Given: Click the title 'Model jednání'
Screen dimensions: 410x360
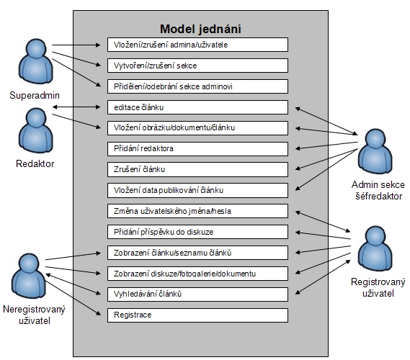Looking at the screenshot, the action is click(200, 29).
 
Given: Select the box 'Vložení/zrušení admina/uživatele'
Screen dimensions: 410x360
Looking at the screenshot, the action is click(197, 45).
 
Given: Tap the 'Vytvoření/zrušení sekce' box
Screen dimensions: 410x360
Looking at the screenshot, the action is click(197, 66).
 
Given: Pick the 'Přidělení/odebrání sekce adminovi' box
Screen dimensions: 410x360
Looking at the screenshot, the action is click(197, 86).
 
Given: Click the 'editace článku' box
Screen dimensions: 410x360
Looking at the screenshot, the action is click(197, 107).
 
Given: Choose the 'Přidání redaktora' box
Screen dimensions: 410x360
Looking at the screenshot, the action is click(197, 149).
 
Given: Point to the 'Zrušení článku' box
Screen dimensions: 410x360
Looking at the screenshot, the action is click(197, 169).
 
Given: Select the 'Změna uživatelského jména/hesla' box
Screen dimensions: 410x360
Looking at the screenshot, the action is click(197, 211).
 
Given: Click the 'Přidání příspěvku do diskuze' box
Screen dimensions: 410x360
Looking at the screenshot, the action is click(197, 232).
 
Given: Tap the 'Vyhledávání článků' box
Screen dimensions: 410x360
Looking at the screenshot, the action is click(197, 294).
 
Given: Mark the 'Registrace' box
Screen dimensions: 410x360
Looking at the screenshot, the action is click(197, 315).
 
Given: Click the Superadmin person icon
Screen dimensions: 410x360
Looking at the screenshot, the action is click(35, 61).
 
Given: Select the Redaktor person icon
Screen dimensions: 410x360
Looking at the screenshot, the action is click(36, 130).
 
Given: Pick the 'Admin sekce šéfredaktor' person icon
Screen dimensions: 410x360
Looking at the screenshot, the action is click(375, 151).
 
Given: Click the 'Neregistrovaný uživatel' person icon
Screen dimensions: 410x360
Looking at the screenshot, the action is click(29, 276).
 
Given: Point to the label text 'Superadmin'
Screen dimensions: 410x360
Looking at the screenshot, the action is click(35, 95).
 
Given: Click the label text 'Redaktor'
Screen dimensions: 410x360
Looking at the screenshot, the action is click(35, 164).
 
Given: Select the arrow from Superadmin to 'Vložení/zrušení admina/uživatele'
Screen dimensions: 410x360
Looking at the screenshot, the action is click(76, 45).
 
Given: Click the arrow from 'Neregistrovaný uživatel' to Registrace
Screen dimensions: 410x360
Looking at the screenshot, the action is click(73, 298).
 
